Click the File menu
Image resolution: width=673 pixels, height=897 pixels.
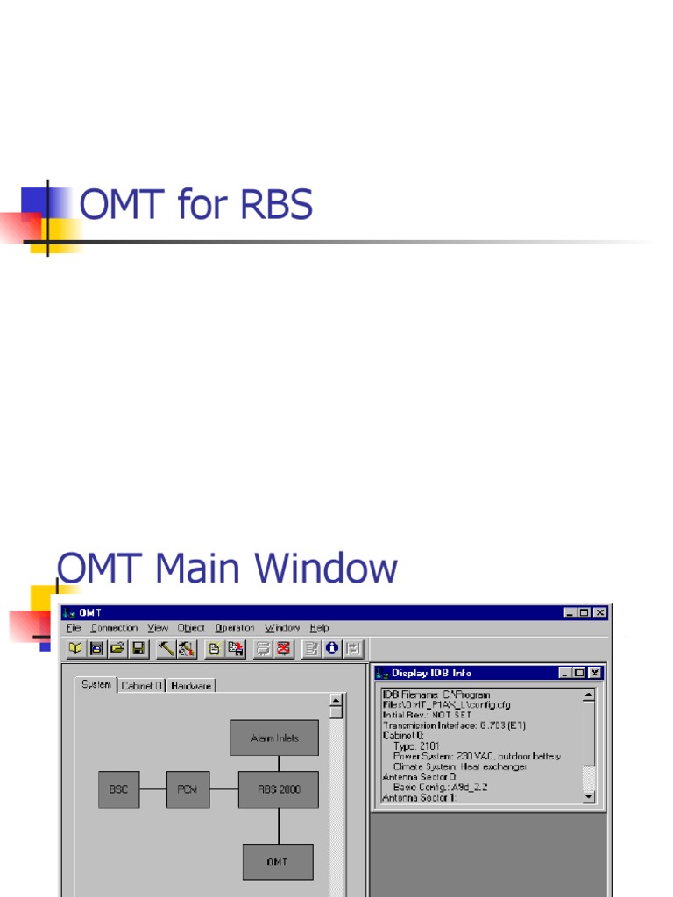tap(74, 628)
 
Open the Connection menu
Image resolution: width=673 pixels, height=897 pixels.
tap(114, 628)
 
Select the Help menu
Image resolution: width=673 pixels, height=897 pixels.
tap(319, 628)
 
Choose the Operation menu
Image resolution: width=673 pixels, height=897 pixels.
tap(235, 628)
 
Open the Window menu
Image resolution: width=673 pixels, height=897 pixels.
tap(282, 628)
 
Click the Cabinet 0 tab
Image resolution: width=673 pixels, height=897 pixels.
tap(141, 686)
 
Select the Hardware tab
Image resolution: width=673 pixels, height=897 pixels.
tap(191, 686)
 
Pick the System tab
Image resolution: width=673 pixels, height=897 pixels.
tap(96, 685)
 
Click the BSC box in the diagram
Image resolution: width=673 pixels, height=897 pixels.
tap(118, 789)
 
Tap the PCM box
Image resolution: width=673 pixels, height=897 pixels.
tap(188, 789)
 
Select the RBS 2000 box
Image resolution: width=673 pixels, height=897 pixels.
tap(278, 789)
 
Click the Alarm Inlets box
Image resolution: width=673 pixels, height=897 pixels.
tap(274, 738)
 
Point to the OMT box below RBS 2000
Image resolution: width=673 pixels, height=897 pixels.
tap(278, 862)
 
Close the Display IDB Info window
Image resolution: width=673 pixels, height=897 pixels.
tap(594, 673)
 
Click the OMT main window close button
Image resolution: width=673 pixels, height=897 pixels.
tap(599, 613)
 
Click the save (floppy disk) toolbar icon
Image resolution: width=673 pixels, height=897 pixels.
tap(138, 649)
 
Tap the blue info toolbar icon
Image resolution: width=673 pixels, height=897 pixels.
tap(332, 649)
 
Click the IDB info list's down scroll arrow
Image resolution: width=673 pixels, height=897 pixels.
tap(588, 796)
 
